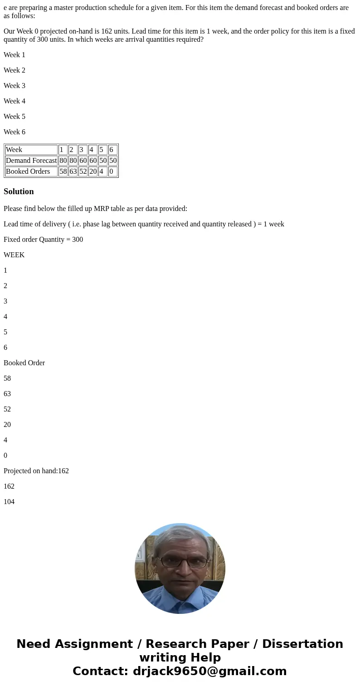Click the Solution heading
[x=19, y=191]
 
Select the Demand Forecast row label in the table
[x=31, y=161]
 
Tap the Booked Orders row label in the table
[x=28, y=172]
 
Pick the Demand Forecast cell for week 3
[x=83, y=161]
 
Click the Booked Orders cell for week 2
[x=73, y=172]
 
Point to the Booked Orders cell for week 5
[x=102, y=172]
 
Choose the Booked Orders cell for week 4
[x=93, y=172]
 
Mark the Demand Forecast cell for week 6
[x=113, y=161]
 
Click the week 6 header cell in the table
[x=112, y=150]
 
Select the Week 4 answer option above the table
[x=15, y=101]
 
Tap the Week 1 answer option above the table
[x=15, y=55]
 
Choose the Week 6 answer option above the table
[x=15, y=132]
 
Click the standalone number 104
[x=9, y=502]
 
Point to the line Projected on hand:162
[x=36, y=471]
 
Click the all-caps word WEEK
[x=14, y=255]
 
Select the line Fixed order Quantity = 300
[x=43, y=240]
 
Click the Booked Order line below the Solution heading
[x=24, y=363]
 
